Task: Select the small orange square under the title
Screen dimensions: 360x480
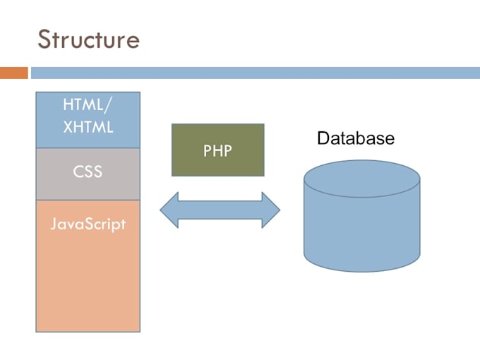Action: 13,73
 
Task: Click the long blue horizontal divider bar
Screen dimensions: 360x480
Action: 254,73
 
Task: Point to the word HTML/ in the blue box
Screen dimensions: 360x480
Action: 88,106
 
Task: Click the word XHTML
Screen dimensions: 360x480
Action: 88,128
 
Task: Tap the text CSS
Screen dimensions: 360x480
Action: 88,172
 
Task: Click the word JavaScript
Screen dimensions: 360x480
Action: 88,224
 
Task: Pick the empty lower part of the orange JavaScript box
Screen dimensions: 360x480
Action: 88,289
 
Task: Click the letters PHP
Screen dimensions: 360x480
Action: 217,150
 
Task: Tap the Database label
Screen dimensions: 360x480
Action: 355,138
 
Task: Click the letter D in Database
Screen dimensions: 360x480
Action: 323,138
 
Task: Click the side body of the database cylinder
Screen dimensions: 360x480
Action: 361,226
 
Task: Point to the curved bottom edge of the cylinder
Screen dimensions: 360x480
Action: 361,270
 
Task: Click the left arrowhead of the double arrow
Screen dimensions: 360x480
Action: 169,210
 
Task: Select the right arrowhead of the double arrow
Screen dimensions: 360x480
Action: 271,210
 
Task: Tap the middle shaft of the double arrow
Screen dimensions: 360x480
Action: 220,210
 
